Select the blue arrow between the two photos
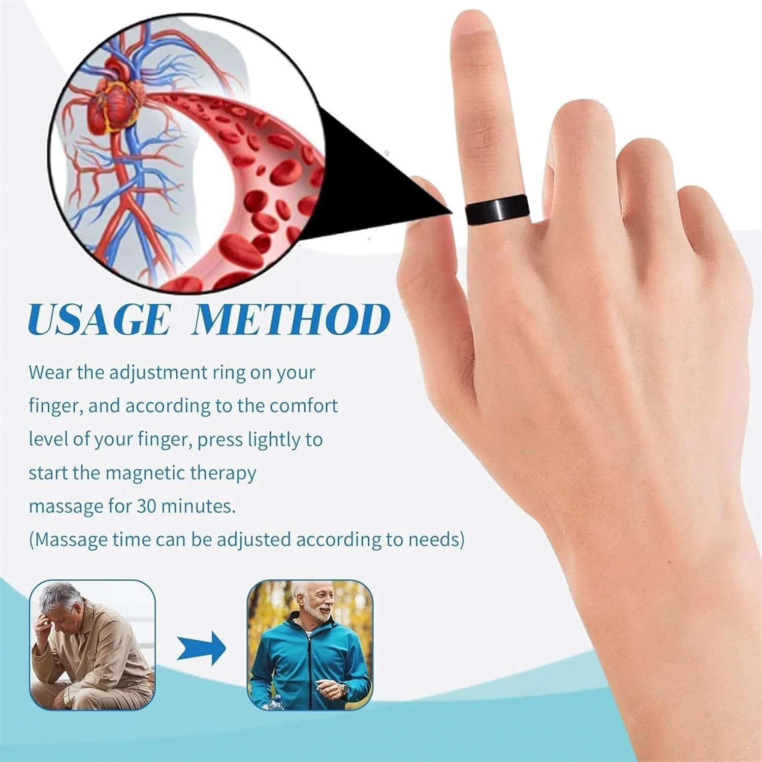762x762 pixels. [202, 648]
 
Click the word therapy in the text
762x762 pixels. [223, 473]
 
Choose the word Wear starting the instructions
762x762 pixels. [49, 372]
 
